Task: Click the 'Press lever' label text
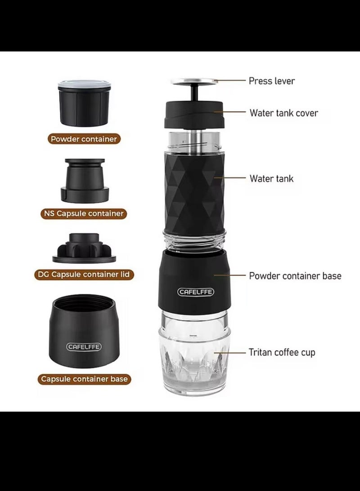(271, 81)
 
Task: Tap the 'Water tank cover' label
(283, 113)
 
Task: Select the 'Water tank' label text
(271, 179)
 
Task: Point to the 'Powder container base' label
(295, 276)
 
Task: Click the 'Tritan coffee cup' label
(282, 352)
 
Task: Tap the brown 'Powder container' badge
(84, 139)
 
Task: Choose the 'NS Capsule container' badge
(84, 214)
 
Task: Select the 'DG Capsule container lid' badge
(84, 275)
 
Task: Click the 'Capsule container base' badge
(84, 379)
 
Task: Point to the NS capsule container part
(85, 180)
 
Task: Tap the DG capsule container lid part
(84, 248)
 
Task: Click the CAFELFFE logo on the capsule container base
(84, 347)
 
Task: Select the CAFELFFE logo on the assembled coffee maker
(196, 292)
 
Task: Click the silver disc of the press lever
(194, 81)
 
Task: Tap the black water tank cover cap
(195, 115)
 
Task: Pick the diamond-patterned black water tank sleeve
(194, 193)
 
